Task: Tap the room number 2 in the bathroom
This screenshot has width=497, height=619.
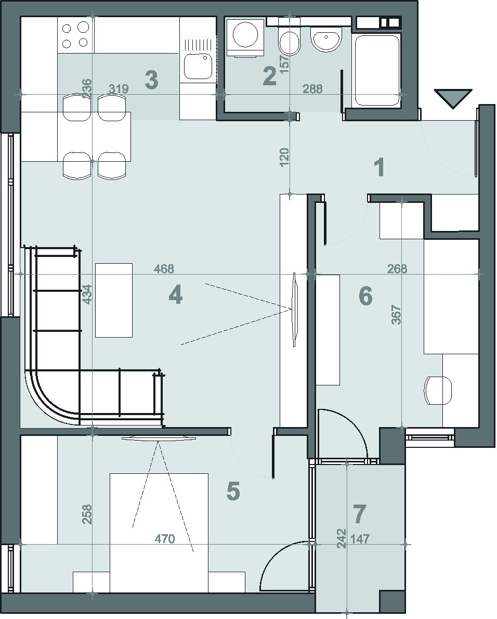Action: (x=270, y=76)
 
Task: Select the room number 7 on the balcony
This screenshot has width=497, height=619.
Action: (x=360, y=514)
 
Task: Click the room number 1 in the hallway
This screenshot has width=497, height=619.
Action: (x=380, y=167)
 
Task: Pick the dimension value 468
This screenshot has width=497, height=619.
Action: (x=164, y=269)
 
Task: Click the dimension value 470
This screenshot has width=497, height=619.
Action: (x=164, y=538)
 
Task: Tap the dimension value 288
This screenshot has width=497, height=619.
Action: (x=313, y=89)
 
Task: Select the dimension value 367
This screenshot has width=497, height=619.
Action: (x=397, y=315)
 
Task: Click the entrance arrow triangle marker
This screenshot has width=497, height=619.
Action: (x=453, y=98)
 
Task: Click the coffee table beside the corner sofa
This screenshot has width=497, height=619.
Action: (x=114, y=300)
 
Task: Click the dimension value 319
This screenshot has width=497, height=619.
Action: (x=119, y=89)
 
